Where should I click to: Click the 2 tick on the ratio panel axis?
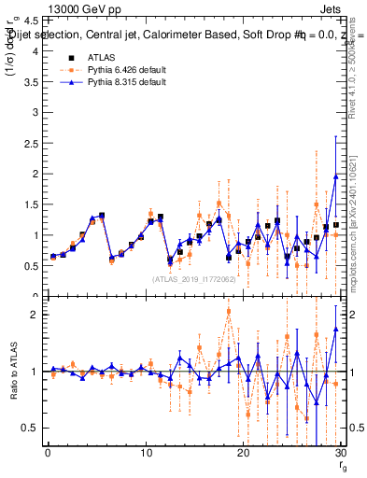click(x=35, y=315)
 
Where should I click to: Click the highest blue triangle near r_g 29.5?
click(x=335, y=176)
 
